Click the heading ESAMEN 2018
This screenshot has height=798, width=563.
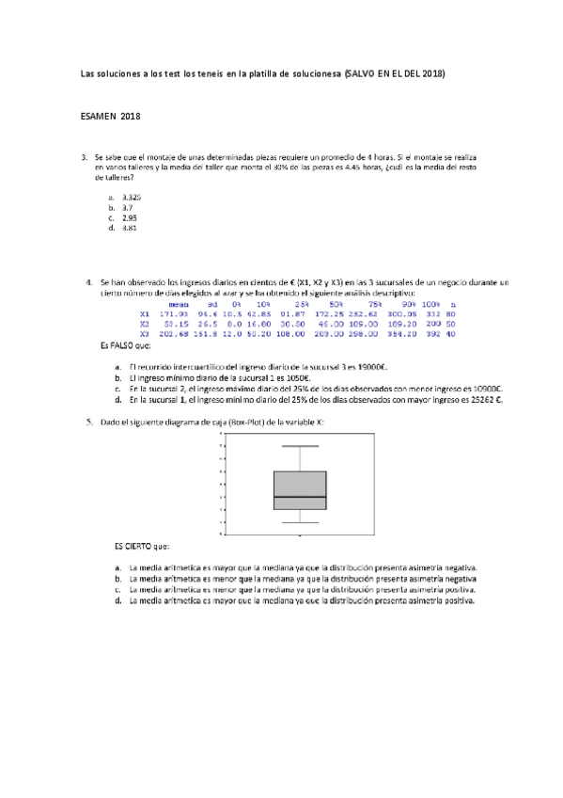click(x=110, y=116)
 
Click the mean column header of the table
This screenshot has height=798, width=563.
click(x=179, y=304)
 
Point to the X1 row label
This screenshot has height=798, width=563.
click(x=144, y=313)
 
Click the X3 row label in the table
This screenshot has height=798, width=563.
click(x=144, y=333)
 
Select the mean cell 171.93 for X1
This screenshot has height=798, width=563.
click(x=175, y=313)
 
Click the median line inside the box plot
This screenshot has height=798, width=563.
click(x=300, y=496)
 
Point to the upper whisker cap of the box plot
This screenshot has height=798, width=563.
click(x=300, y=445)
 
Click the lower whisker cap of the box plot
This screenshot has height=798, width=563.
click(x=300, y=522)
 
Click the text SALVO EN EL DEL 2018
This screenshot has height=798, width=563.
click(x=396, y=72)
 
